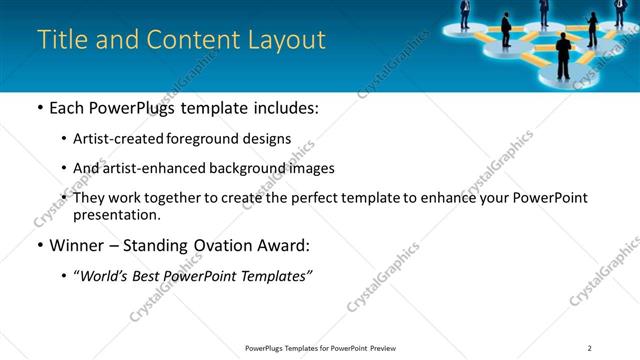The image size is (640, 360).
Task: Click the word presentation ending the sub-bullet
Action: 115,215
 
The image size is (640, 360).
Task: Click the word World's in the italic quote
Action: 106,276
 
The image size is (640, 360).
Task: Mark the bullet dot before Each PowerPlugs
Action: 39,108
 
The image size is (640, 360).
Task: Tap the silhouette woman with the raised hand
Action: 592,30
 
